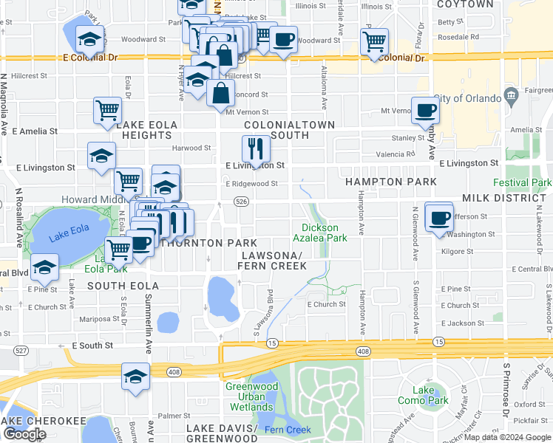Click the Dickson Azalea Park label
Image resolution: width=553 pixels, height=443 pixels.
(324, 233)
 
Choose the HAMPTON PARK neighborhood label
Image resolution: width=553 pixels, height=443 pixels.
(390, 182)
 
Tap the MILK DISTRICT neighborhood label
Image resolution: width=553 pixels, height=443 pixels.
(503, 199)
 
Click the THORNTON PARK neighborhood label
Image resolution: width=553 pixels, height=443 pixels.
(212, 243)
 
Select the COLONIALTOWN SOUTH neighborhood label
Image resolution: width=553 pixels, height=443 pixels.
(289, 130)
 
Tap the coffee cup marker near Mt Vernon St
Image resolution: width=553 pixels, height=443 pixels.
(424, 111)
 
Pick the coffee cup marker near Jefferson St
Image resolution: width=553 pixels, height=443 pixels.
(439, 217)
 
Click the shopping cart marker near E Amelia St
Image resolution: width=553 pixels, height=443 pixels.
(108, 111)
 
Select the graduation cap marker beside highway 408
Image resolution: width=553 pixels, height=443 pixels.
(135, 377)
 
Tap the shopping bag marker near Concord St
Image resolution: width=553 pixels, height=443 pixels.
(221, 93)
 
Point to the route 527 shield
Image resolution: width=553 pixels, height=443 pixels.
(21, 350)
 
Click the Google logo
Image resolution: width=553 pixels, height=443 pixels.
(24, 434)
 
